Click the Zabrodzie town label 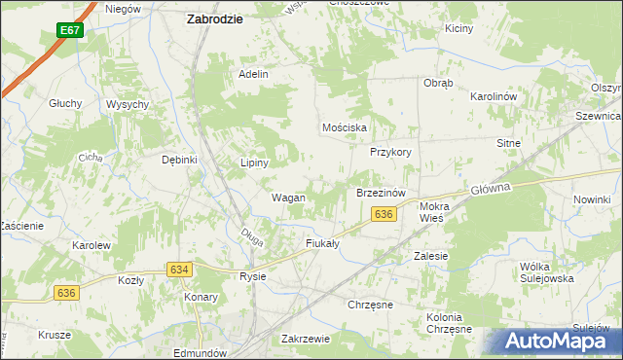[215, 18]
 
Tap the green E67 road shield [68, 31]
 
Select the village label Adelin [253, 74]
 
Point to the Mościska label [345, 127]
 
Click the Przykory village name [391, 152]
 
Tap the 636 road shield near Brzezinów [385, 214]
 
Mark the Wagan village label [288, 198]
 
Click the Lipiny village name [254, 162]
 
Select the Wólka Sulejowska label [549, 271]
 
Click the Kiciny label [458, 28]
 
